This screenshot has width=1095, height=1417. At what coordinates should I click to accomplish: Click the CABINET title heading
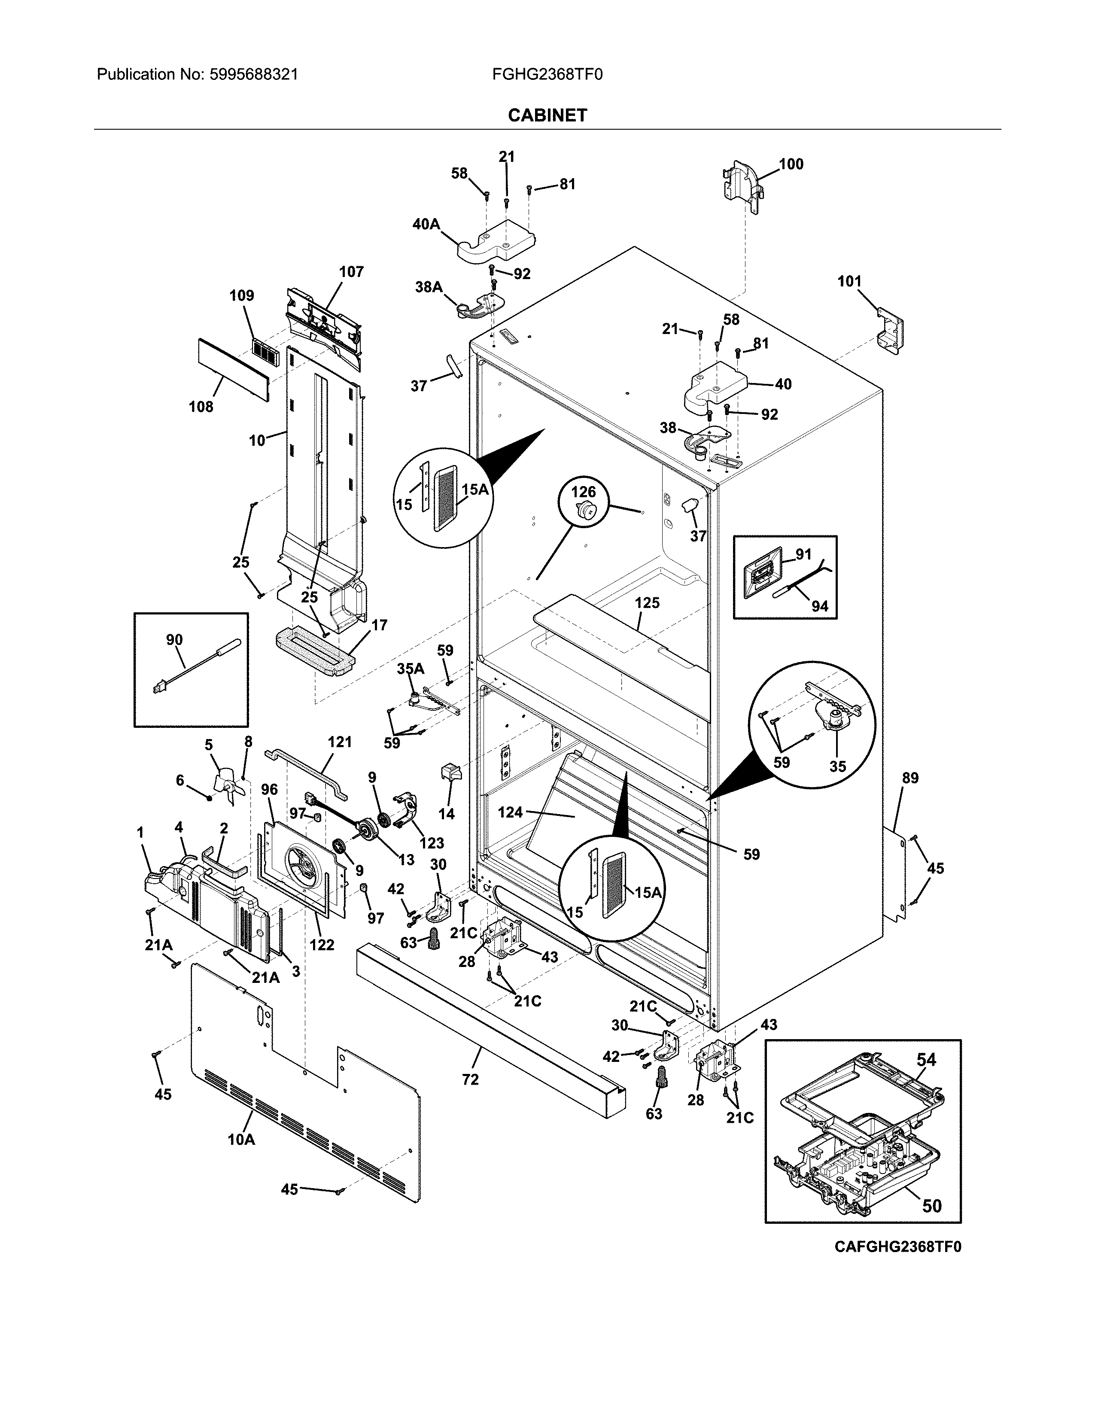point(547,116)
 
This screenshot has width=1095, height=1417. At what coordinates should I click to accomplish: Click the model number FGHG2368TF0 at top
point(547,75)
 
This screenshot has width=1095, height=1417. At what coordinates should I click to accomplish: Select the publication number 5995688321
point(253,75)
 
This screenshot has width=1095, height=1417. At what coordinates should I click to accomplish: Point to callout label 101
point(849,282)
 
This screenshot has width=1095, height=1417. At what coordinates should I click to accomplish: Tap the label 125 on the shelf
point(647,603)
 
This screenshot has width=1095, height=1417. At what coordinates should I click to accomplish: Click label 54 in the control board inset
point(926,1059)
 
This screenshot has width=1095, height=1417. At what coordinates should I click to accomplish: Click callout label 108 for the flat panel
point(201,407)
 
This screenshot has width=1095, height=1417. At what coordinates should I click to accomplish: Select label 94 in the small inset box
point(820,606)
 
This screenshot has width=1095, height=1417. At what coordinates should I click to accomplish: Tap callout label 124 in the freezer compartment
point(511,812)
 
